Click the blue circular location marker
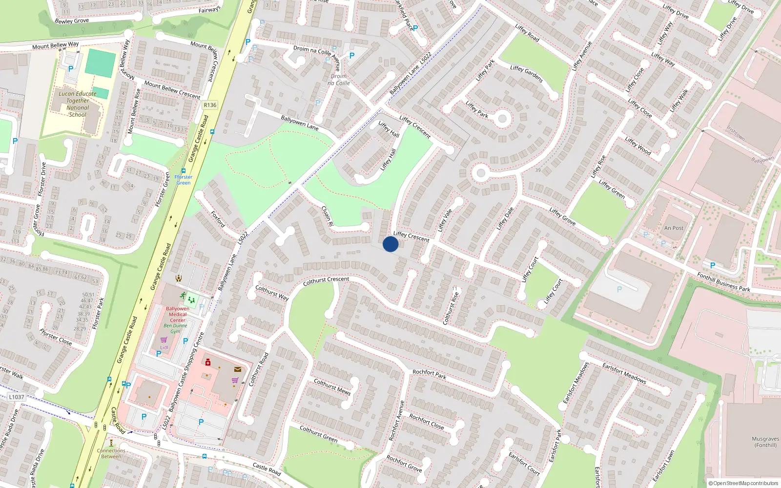(x=390, y=244)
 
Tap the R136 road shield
(x=210, y=105)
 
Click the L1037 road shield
(x=16, y=397)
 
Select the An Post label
(x=674, y=228)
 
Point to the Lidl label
(x=164, y=347)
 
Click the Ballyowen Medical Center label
(x=178, y=314)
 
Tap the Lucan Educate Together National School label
(x=78, y=104)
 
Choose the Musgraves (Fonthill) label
(x=765, y=442)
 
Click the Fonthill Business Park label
(x=723, y=282)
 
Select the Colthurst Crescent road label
(x=326, y=281)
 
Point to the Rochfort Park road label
(x=430, y=374)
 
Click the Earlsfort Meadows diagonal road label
(x=624, y=373)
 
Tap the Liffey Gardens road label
(x=526, y=73)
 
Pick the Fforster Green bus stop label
(x=184, y=180)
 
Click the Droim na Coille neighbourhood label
(x=339, y=80)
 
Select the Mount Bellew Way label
(x=55, y=45)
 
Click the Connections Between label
(x=111, y=453)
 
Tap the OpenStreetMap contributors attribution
(x=743, y=483)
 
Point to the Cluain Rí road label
(x=327, y=216)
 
